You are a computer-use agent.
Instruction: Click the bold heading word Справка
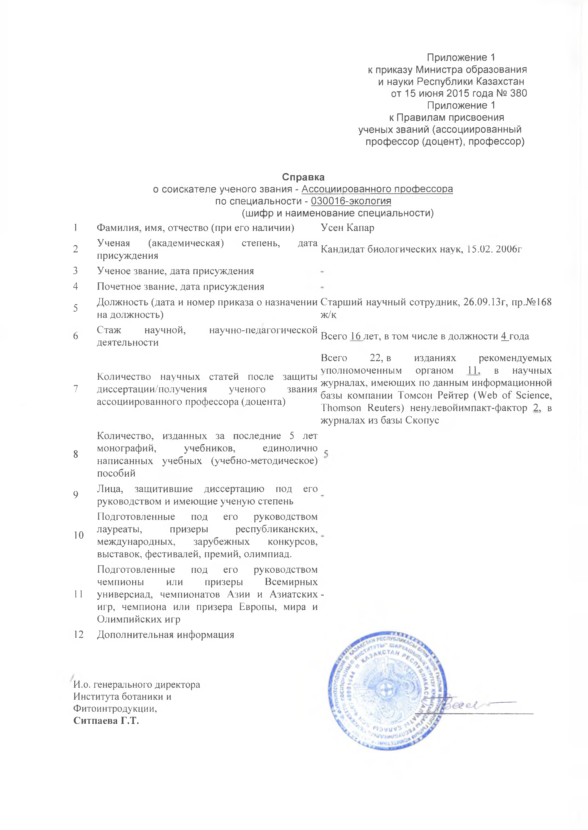(303, 177)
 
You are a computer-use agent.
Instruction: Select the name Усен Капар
(347, 228)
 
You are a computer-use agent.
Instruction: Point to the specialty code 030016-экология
(351, 201)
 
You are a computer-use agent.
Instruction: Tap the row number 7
(76, 389)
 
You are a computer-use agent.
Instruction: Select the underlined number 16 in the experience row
(356, 336)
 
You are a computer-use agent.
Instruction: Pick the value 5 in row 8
(326, 454)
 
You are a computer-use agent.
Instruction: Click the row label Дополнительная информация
(166, 635)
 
